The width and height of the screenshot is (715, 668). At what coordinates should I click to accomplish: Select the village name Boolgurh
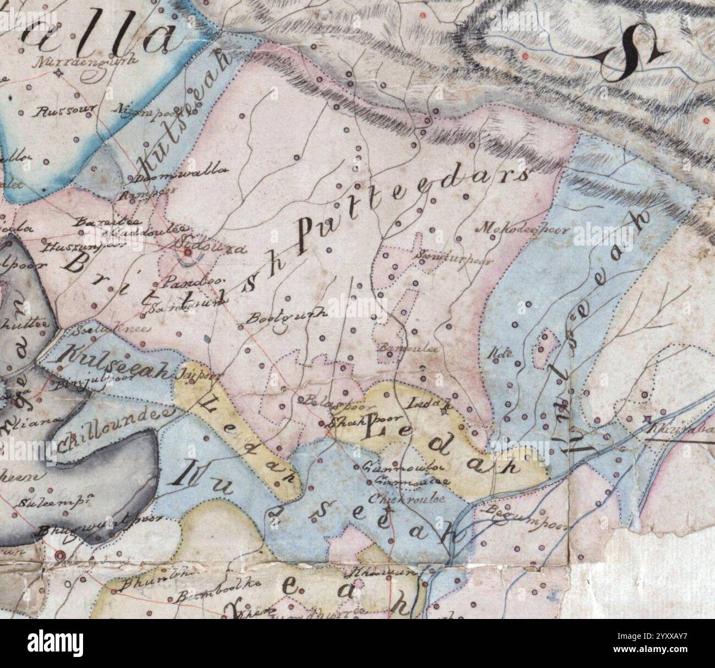[287, 316]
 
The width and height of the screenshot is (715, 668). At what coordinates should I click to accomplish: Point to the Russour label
[65, 112]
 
